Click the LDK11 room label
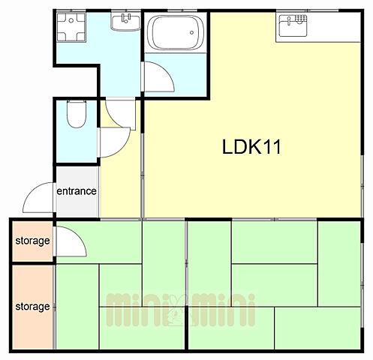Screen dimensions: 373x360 (251, 146)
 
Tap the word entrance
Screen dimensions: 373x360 (77, 191)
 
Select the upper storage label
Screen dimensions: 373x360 (32, 241)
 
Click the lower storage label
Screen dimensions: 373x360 (32, 307)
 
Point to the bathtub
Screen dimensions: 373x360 (176, 32)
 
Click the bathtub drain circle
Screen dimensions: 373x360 (191, 32)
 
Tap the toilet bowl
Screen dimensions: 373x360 (77, 114)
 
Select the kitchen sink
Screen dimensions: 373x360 (293, 25)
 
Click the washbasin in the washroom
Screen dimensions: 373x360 (125, 22)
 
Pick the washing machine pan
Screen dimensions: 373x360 (71, 27)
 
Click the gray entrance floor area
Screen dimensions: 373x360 (77, 191)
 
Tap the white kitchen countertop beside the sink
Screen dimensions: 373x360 (333, 27)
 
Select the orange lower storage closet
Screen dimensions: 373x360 (32, 307)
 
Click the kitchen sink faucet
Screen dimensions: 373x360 (289, 21)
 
